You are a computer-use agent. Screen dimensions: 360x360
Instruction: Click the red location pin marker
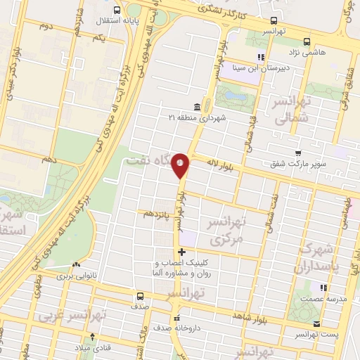[181, 165]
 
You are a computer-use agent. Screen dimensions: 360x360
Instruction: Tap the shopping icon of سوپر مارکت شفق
[298, 153]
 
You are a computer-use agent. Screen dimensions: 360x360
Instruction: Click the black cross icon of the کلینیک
[181, 252]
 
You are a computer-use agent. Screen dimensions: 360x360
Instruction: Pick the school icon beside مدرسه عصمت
[324, 288]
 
